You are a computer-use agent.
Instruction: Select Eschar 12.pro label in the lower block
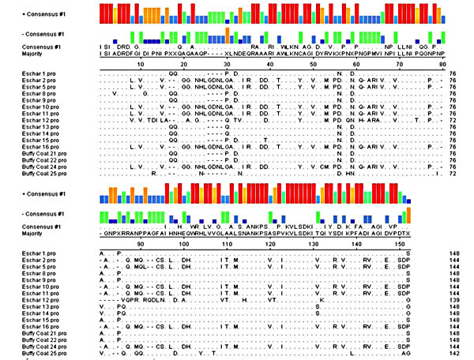pos(36,300)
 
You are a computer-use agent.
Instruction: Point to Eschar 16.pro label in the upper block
pos(36,147)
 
